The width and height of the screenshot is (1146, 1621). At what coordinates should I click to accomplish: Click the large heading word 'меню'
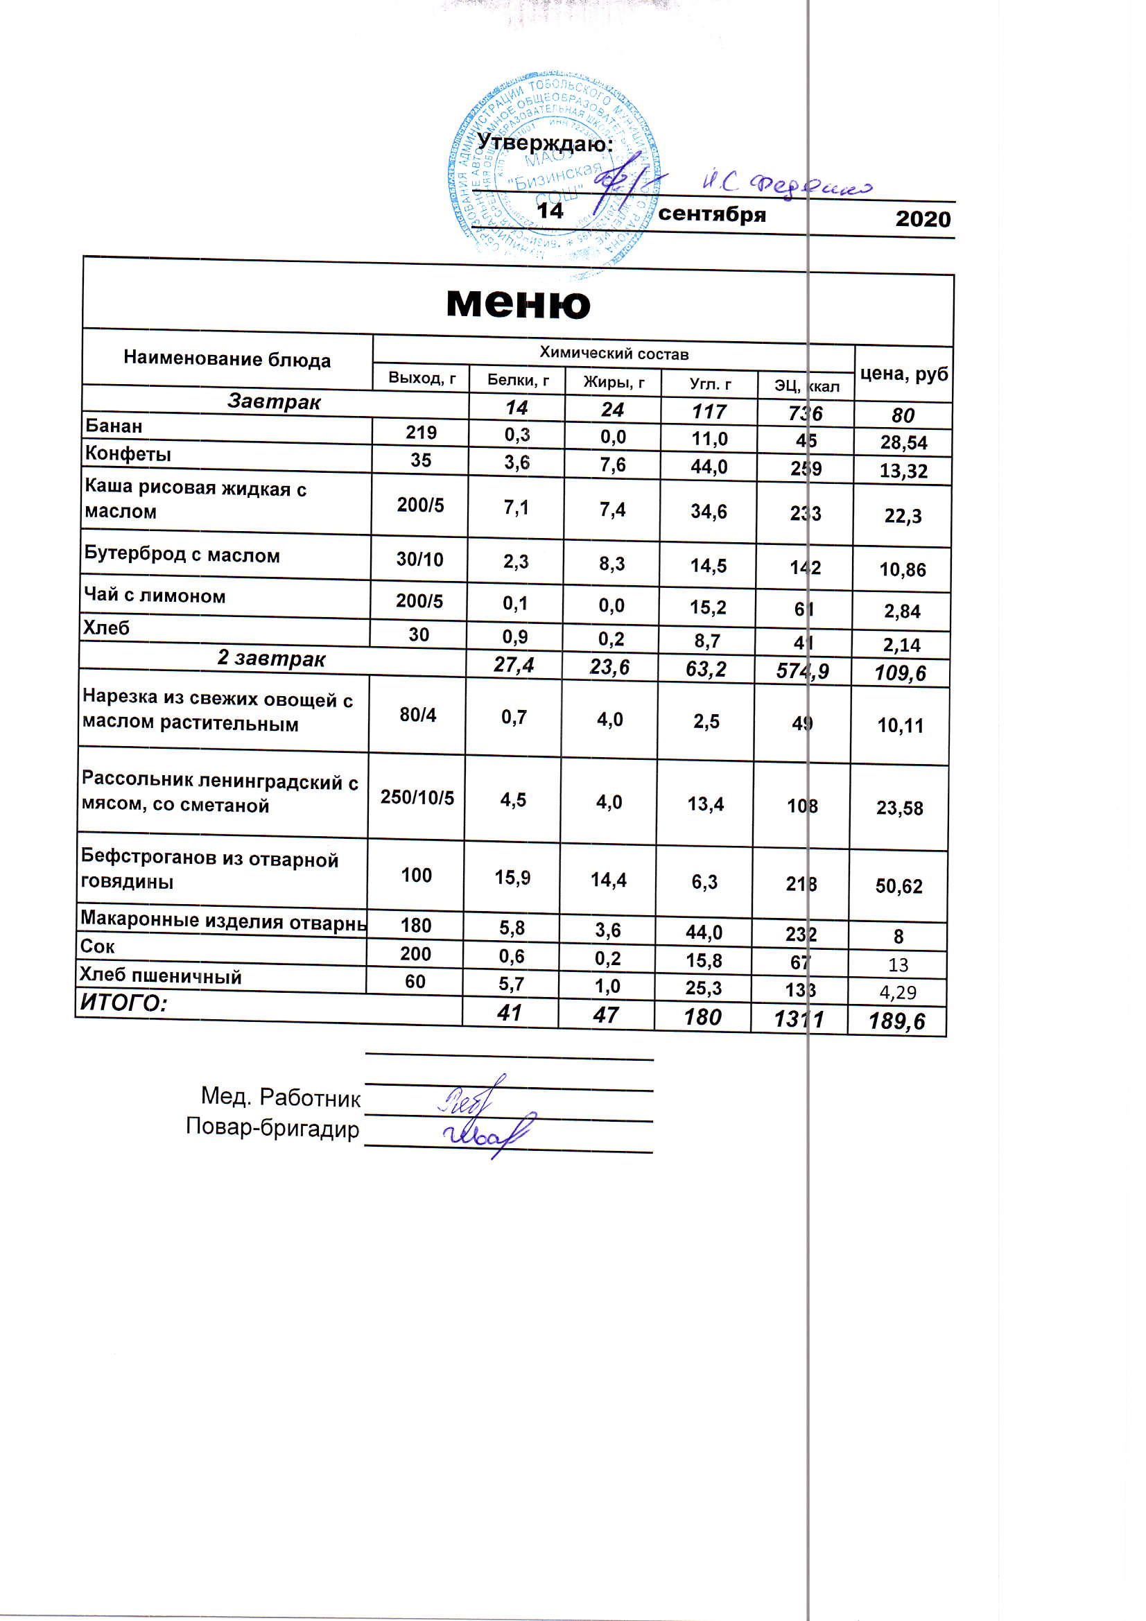tap(519, 304)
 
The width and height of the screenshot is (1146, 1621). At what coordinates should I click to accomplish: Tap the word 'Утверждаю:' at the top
tap(544, 144)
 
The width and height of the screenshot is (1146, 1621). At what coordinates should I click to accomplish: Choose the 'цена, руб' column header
tap(904, 374)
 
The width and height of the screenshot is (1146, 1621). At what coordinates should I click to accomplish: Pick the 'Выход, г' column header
tap(422, 379)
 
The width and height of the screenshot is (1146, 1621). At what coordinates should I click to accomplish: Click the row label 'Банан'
tap(114, 426)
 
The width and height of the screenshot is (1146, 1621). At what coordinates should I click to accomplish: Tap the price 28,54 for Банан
tap(903, 443)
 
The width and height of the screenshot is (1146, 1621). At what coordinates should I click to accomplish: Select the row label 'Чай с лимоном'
tap(155, 596)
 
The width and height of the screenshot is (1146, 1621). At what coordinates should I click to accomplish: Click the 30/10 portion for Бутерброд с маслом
tap(419, 560)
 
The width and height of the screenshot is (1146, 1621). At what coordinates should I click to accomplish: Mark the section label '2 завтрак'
tap(271, 659)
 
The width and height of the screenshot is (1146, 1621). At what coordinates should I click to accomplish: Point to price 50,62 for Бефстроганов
tap(899, 886)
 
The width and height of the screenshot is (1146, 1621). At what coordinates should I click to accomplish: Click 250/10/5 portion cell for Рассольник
tap(417, 798)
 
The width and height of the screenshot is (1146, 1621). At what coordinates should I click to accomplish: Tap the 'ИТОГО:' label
tap(123, 1003)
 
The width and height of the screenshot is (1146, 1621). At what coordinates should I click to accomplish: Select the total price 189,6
tap(896, 1021)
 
